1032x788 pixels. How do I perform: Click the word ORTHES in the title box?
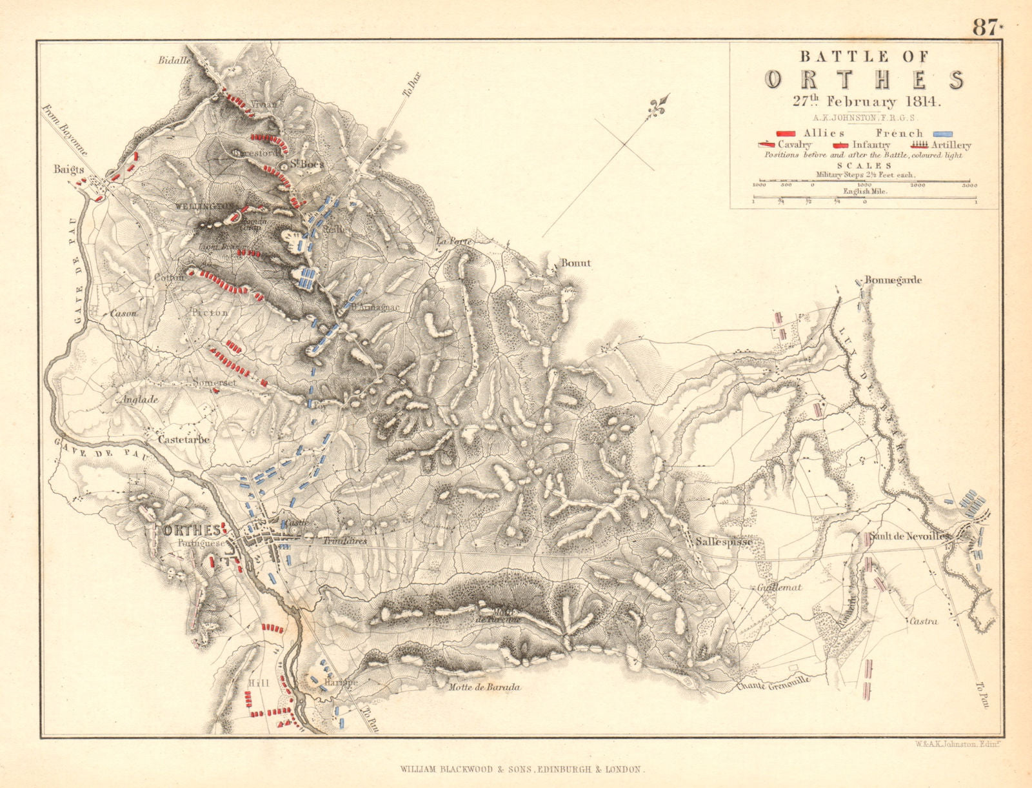click(864, 79)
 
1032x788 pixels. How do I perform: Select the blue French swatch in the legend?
click(939, 133)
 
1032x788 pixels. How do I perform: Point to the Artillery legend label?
click(950, 145)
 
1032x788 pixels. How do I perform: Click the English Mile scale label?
click(864, 192)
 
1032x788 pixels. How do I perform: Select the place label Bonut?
click(575, 263)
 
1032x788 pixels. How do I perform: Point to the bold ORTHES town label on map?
click(192, 530)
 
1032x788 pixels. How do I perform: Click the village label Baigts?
click(70, 170)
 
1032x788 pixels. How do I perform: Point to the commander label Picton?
click(210, 312)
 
